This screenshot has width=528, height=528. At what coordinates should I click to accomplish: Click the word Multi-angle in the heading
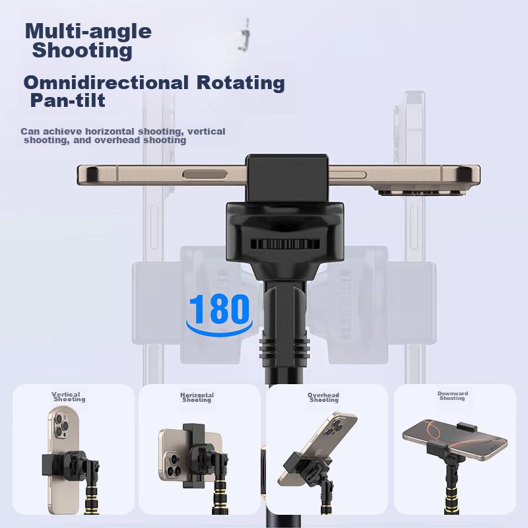88,32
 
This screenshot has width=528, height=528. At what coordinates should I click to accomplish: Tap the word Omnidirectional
106,83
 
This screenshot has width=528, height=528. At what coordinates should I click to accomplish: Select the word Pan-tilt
68,101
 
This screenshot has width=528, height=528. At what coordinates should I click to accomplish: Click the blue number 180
219,309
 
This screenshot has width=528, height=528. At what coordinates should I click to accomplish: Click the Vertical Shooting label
69,397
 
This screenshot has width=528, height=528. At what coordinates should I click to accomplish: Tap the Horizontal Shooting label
197,397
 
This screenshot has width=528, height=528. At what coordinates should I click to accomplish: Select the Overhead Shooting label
323,397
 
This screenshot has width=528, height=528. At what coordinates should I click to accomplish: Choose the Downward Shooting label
452,395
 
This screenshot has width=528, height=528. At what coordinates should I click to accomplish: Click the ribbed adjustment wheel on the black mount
284,244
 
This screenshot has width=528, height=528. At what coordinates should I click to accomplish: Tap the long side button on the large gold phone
205,174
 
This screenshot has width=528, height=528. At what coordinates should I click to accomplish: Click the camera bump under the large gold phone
422,193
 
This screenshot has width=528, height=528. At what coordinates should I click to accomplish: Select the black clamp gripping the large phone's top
287,178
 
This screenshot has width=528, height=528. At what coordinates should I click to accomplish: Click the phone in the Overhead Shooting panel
317,448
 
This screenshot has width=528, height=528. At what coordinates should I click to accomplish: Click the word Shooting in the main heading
82,51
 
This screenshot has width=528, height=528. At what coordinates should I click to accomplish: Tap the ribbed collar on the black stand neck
284,348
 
